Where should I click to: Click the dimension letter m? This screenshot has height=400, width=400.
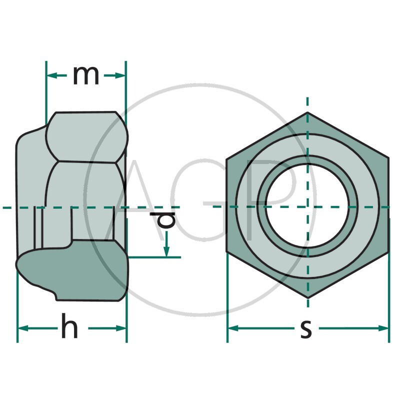(86, 76)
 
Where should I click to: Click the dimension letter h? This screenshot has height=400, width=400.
(69, 326)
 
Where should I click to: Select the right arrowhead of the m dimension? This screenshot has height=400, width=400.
(120, 75)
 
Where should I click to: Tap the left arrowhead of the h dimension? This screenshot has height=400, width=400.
(23, 328)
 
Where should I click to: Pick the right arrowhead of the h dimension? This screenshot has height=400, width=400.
(120, 328)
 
